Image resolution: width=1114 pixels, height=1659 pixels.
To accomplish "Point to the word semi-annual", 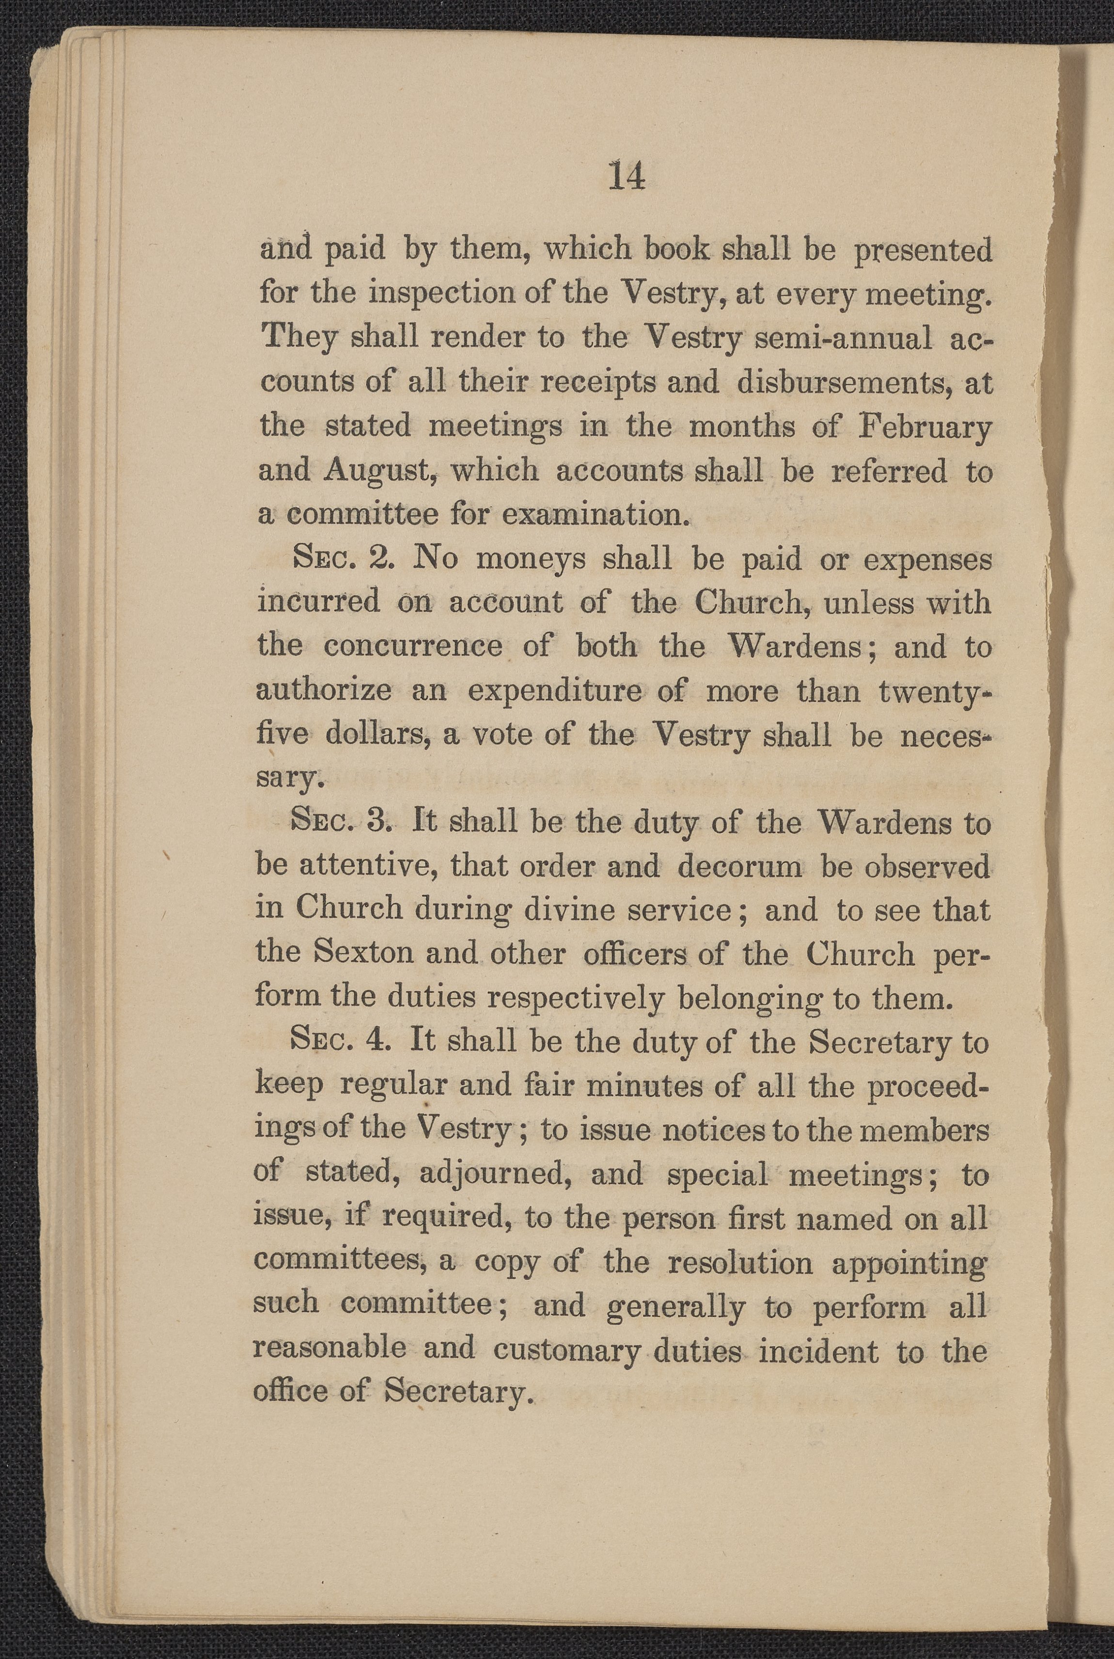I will point(843,339).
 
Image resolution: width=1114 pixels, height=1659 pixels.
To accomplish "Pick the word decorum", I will point(739,867).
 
